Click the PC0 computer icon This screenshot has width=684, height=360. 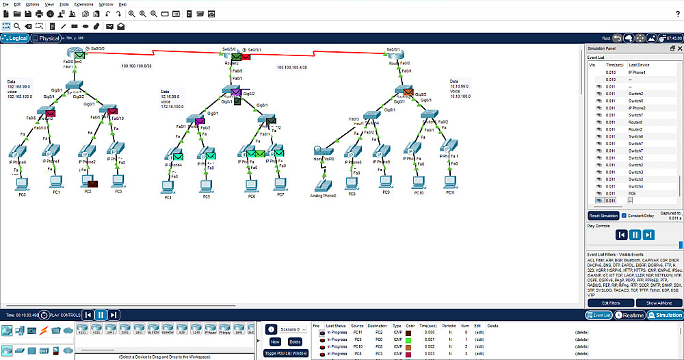coord(22,183)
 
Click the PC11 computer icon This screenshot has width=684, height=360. coord(449,181)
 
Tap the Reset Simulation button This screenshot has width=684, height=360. coord(603,216)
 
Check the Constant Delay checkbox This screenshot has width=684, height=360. coord(624,216)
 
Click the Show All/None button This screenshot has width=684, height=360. coord(659,303)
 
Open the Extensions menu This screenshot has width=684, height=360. coord(83,4)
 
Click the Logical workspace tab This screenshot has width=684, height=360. coord(15,38)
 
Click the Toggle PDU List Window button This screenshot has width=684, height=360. coord(286,353)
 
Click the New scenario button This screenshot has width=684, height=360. coord(275,341)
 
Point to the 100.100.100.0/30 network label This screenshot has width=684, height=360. coord(136,66)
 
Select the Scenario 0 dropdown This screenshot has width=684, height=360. coord(294,329)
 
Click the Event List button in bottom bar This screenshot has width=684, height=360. coord(600,315)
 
